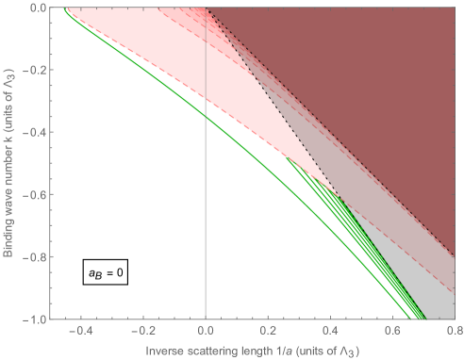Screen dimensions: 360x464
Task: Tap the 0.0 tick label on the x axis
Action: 206,331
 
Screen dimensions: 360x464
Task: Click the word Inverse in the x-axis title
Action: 164,351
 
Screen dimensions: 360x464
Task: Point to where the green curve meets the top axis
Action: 64,8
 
